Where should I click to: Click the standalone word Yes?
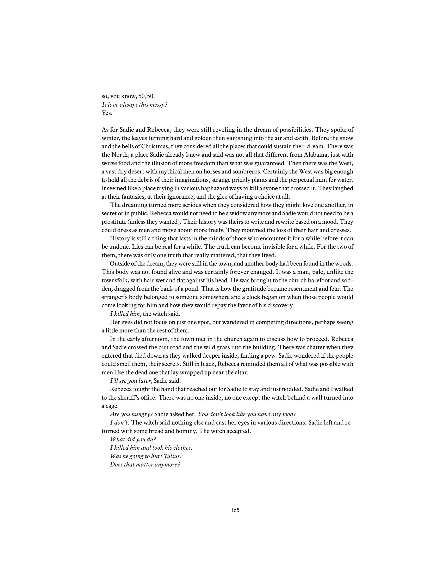coord(107,113)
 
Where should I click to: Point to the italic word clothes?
coord(182,448)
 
